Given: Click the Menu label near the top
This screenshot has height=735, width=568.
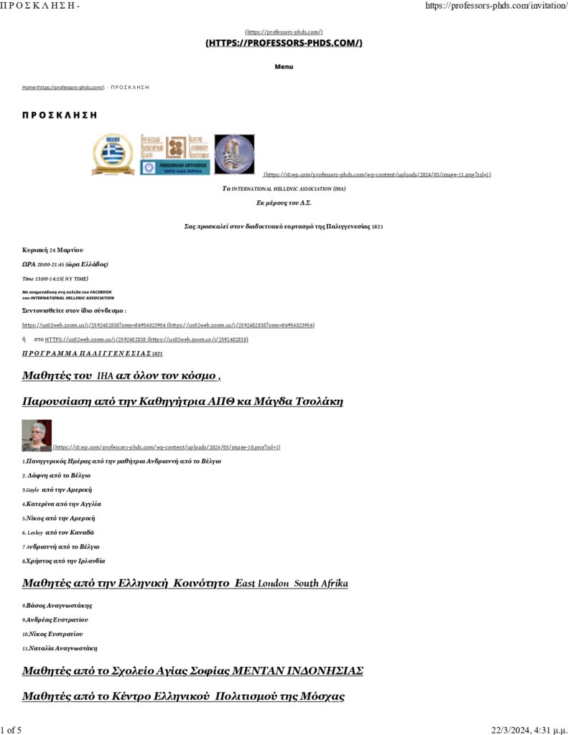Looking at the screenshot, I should pos(284,67).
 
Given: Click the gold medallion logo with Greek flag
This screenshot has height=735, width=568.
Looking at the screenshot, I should pos(113,154).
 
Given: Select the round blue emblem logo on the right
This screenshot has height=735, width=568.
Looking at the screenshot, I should pos(234,154).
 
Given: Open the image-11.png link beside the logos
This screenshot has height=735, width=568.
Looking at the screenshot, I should pos(378,174).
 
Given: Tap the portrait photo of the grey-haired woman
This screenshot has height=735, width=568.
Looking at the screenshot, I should pos(37,435).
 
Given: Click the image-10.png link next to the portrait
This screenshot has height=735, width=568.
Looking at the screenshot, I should pos(167,447).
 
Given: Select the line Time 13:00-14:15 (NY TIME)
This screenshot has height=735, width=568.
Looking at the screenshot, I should pos(55,278).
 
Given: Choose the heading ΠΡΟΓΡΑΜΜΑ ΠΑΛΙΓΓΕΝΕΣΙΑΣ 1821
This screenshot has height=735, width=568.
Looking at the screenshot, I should pos(93,354).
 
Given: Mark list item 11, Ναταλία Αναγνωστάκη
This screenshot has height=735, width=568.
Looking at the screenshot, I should pos(60,647).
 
